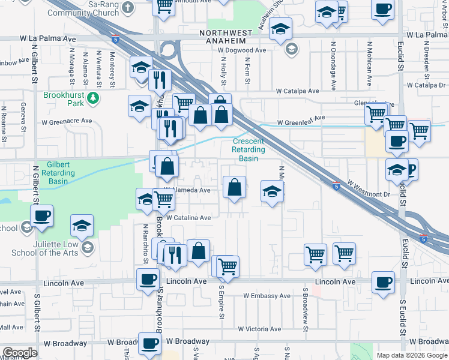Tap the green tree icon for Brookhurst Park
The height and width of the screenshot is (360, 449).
(92, 98)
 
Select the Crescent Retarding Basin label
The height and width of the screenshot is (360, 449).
(249, 150)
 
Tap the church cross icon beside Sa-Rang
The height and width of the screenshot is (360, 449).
(127, 7)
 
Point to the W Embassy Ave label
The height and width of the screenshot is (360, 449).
(267, 296)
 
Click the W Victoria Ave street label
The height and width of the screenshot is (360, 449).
(259, 329)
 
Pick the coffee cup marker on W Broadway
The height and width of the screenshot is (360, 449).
(149, 344)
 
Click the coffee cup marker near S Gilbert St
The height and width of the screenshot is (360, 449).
(41, 215)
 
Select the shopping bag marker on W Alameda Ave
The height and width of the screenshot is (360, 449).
(234, 187)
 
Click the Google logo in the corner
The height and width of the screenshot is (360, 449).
(20, 353)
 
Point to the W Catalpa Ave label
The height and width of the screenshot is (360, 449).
(297, 91)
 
